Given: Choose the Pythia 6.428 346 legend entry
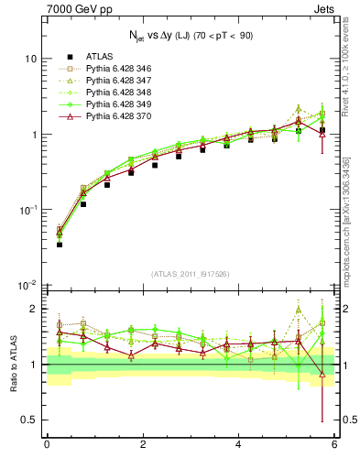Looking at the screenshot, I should pyautogui.click(x=118, y=69).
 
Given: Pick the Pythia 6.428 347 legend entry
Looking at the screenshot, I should pyautogui.click(x=118, y=81).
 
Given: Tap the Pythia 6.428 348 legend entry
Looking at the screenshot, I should pyautogui.click(x=118, y=93).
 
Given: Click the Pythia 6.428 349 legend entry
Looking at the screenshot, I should pyautogui.click(x=118, y=104).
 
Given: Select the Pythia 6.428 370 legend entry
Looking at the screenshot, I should pyautogui.click(x=118, y=116).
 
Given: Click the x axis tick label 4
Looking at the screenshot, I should pyautogui.click(x=238, y=444).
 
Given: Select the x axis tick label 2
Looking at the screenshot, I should pyautogui.click(x=142, y=444).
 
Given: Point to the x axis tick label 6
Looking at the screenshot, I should pyautogui.click(x=334, y=444).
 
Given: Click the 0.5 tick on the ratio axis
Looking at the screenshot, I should pyautogui.click(x=29, y=420).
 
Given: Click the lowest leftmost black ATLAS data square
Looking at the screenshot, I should pyautogui.click(x=59, y=245).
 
